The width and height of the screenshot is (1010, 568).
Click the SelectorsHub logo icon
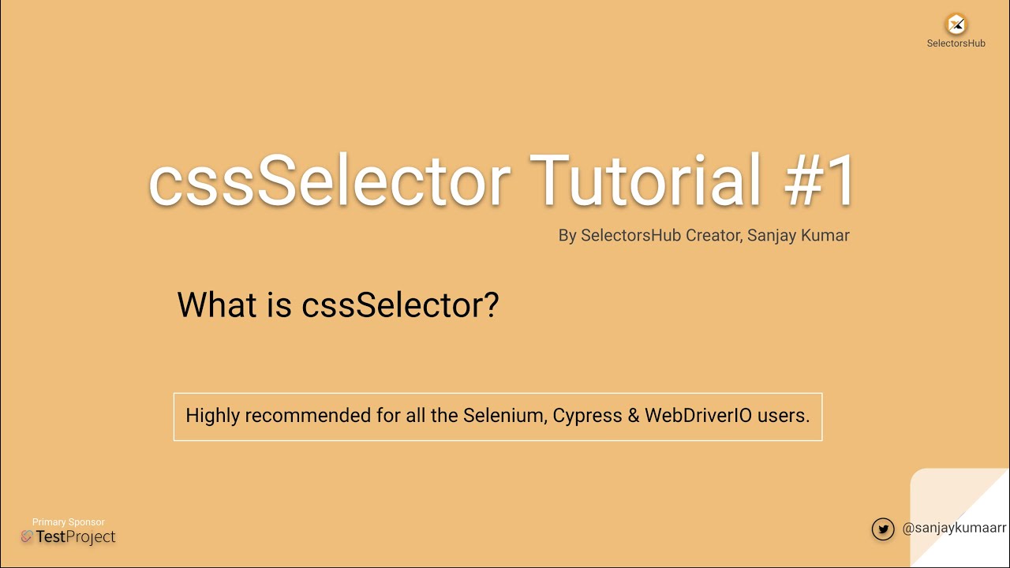[x=956, y=24]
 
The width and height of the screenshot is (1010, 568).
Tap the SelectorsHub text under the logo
[x=956, y=43]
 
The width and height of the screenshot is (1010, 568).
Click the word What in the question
[x=217, y=305]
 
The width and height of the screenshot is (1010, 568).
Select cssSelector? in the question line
[x=400, y=305]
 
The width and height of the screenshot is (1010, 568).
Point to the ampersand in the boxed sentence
[x=634, y=416]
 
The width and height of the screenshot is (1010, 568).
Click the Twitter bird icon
[x=883, y=529]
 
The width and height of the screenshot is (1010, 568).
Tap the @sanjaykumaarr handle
[x=954, y=529]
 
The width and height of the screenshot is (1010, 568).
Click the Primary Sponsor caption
[x=69, y=522]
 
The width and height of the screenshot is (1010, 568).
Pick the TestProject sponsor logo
[x=69, y=537]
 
